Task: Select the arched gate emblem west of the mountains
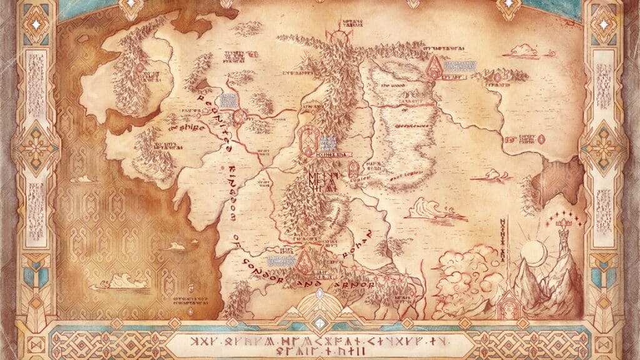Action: [x=307, y=138]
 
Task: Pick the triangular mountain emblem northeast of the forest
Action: [x=433, y=67]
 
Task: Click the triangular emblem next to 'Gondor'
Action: [x=304, y=261]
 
